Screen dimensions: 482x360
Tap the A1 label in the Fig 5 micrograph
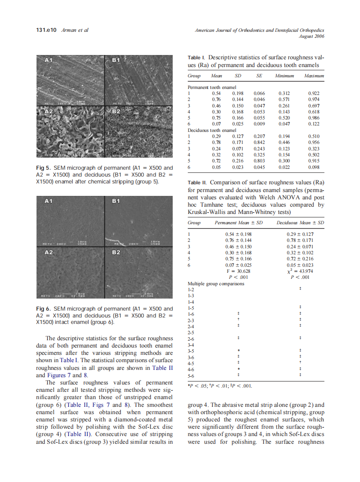pos(49,61)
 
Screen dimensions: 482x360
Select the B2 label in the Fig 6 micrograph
pos(116,252)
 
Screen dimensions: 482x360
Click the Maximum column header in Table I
pos(314,76)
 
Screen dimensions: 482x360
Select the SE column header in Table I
pos(259,76)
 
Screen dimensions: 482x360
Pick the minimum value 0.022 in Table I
pos(284,167)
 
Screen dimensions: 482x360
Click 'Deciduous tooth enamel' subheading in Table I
pos(212,130)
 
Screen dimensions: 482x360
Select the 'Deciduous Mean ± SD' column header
pos(300,223)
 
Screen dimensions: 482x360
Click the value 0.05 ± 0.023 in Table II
pos(300,265)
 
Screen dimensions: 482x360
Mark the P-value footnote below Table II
pos(219,385)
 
